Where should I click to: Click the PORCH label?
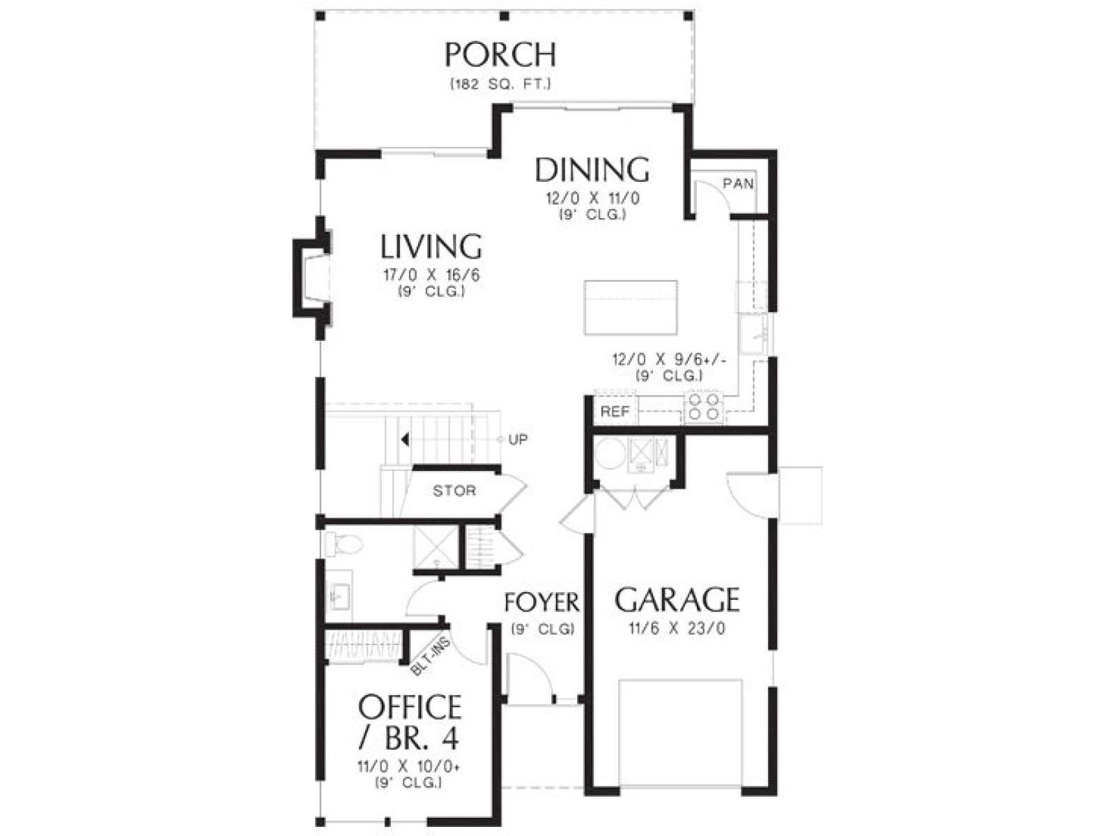(x=500, y=55)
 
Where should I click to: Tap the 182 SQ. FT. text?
(x=500, y=84)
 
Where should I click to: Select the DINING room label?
(x=592, y=170)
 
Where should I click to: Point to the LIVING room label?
(x=431, y=246)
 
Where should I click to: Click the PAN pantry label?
(x=738, y=183)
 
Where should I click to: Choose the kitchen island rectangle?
(x=631, y=307)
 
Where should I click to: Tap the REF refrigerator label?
(x=615, y=412)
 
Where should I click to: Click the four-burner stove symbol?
(x=704, y=407)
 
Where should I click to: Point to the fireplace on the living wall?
(x=312, y=278)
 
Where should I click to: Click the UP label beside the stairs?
(x=518, y=439)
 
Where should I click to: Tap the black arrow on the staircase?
(x=405, y=439)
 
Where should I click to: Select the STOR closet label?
(x=454, y=490)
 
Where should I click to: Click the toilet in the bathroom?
(x=344, y=545)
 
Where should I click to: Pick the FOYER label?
(x=541, y=603)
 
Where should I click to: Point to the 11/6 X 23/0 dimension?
(x=677, y=629)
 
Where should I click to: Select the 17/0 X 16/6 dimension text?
(x=431, y=276)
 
